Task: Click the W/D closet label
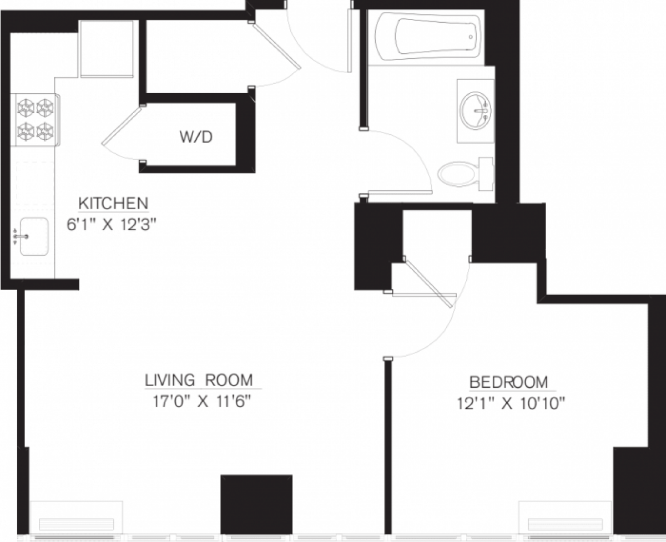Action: (195, 138)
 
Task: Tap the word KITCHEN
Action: (113, 204)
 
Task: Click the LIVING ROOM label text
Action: (199, 381)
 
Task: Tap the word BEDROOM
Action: (509, 382)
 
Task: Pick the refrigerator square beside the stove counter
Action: (107, 48)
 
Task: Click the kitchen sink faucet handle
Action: (21, 237)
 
